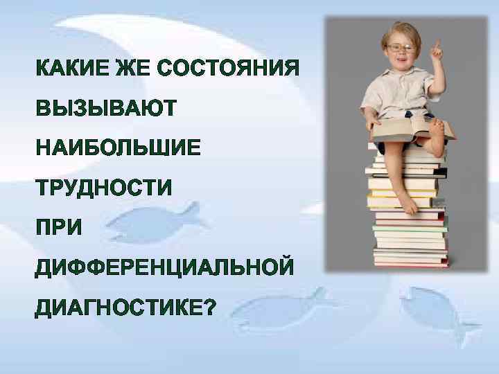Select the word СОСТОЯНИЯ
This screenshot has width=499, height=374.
click(228, 69)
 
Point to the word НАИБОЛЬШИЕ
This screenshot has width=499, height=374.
click(119, 148)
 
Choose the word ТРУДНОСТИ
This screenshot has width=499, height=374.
click(104, 188)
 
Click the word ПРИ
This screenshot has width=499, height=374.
click(59, 227)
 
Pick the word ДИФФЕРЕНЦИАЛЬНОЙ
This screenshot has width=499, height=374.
click(165, 267)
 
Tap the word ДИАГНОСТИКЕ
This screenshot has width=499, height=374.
click(117, 306)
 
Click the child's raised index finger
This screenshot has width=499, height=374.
click(437, 47)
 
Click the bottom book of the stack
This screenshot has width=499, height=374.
click(411, 261)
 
